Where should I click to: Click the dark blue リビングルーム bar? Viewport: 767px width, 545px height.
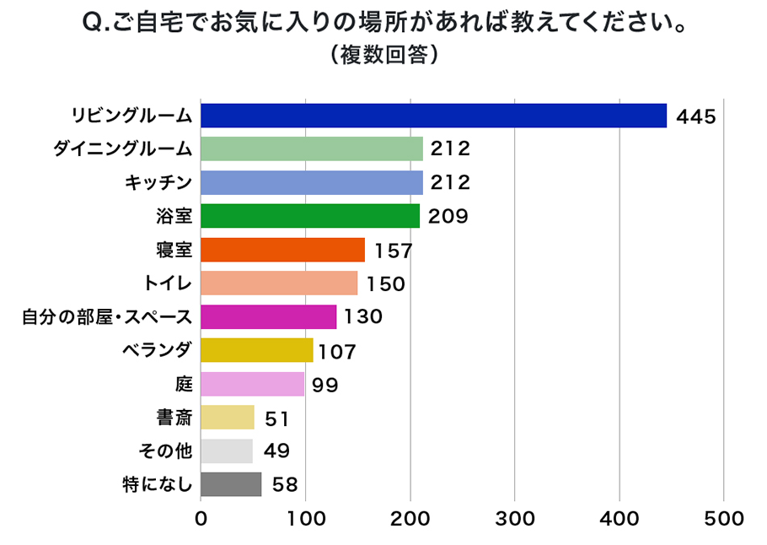coord(434,116)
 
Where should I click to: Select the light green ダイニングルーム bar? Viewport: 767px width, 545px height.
coord(312,148)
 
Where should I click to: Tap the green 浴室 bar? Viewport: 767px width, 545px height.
coord(310,216)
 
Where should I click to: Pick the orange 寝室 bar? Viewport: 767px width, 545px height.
coord(283,250)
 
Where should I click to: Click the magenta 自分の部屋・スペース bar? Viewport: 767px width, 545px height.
coord(269,316)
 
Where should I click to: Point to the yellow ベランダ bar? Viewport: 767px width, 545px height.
coord(257,350)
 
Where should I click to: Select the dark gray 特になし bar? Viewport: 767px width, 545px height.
coord(232,484)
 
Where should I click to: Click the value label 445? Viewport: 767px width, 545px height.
coord(695,116)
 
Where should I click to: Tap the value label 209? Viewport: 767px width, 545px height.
coord(448,217)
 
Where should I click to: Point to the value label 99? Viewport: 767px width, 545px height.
coord(324,385)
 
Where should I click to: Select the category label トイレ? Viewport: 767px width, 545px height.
coord(169,283)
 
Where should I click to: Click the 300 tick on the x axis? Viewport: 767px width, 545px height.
coord(515,519)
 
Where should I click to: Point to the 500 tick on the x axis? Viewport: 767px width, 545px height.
coord(724,519)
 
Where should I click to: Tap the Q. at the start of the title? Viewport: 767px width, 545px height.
coord(96,23)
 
